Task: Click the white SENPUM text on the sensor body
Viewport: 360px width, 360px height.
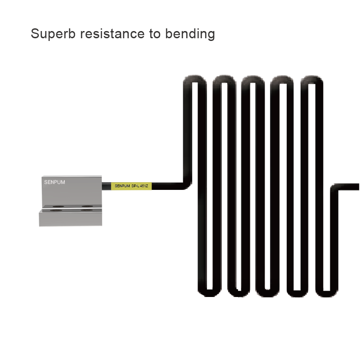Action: coord(55,183)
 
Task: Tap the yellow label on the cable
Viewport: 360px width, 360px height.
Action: coord(130,185)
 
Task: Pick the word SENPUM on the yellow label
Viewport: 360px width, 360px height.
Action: coord(122,185)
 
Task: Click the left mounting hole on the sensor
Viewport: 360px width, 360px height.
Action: coord(57,209)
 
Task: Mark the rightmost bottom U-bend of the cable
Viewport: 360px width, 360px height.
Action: coord(326,292)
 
